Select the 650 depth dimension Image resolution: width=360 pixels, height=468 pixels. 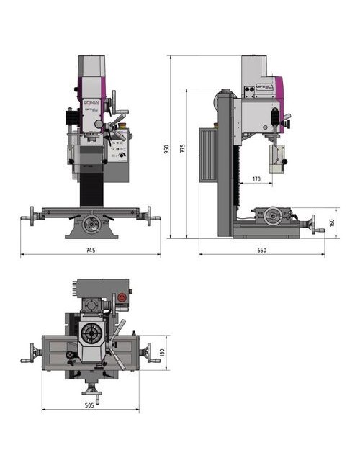tap(261, 250)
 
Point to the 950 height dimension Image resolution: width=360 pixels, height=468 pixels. tap(166, 149)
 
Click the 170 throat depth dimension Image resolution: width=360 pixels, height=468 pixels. tap(256, 179)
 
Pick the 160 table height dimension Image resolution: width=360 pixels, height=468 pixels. tap(332, 223)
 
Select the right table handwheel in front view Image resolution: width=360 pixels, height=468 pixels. tap(149, 215)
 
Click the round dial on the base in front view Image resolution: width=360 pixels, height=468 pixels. tap(90, 225)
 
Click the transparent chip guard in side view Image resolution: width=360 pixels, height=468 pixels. tap(276, 162)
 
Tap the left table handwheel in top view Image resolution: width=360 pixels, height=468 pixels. tap(29, 353)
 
